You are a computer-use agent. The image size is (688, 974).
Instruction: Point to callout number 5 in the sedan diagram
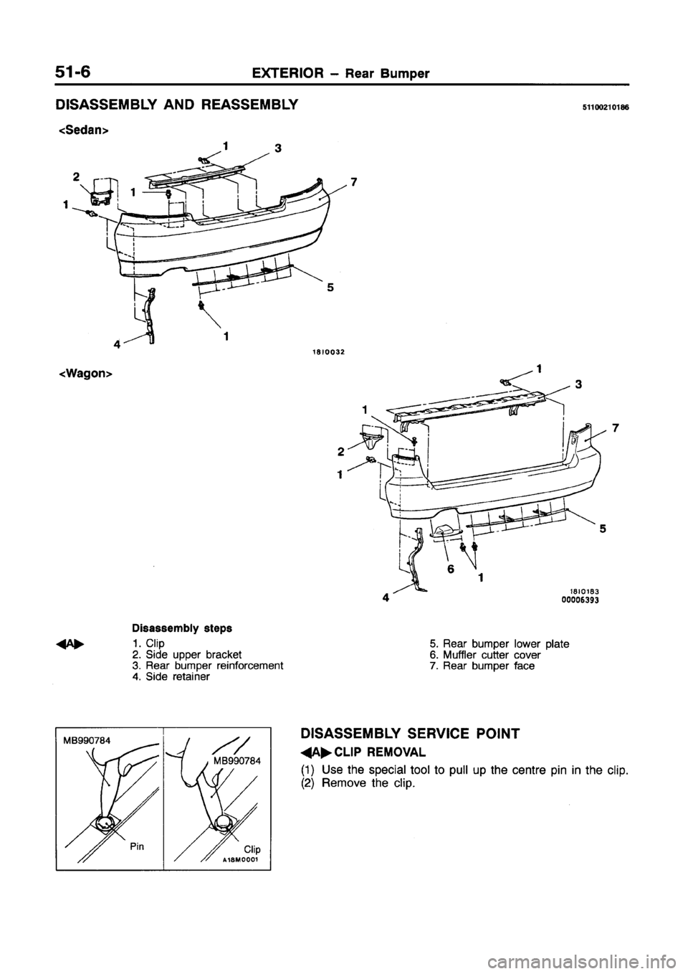pos(329,288)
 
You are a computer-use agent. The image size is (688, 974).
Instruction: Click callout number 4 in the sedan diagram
pos(115,342)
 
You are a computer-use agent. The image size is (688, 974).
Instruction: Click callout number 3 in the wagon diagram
pos(578,384)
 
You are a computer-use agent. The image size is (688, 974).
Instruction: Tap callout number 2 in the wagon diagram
pos(343,452)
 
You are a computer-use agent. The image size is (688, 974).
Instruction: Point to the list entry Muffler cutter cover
pos(487,654)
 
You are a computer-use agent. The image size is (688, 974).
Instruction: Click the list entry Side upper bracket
pos(189,654)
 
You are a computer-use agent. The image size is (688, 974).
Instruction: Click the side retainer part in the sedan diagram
pos(150,312)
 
